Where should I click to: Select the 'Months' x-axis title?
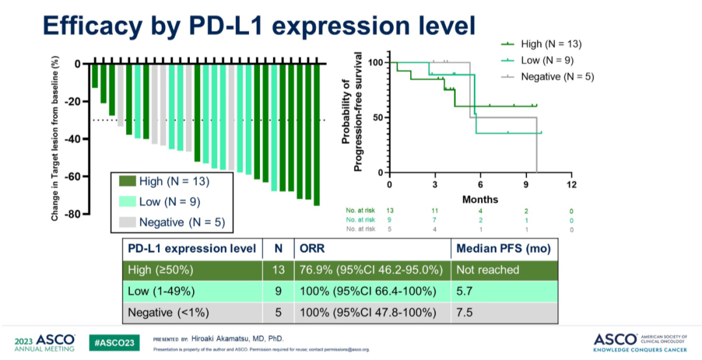coord(480,199)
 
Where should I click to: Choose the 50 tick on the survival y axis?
coord(377,118)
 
